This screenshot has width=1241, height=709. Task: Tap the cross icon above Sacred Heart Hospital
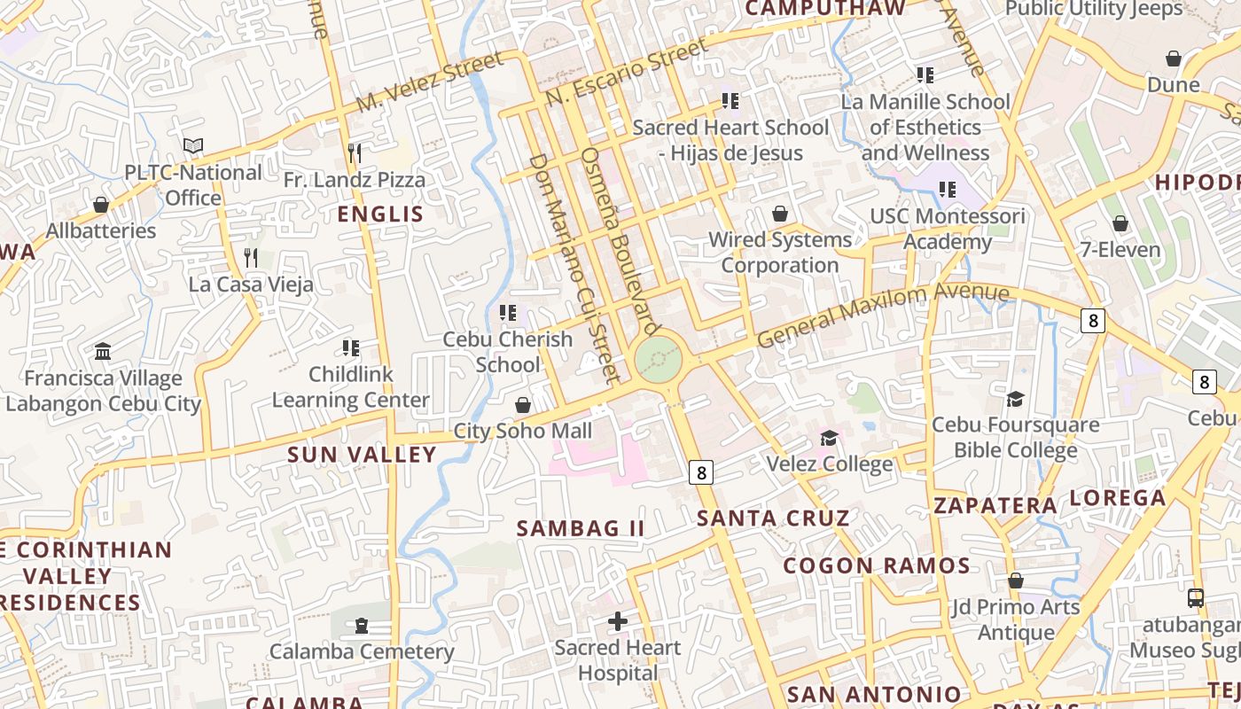point(618,621)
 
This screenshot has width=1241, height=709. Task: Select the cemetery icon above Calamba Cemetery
point(361,626)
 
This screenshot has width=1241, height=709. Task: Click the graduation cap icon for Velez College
point(829,438)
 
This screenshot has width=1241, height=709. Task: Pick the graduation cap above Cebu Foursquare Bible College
point(1015,400)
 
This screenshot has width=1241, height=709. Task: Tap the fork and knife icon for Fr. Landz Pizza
point(354,153)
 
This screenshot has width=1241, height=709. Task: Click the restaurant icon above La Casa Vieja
point(251,258)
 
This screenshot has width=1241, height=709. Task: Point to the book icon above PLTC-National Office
point(192,145)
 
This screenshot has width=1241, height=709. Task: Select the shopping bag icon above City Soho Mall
point(523,405)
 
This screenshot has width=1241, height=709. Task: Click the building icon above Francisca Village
point(102,352)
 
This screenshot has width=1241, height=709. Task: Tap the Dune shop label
point(1173,85)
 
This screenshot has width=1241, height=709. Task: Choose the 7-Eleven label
point(1120,250)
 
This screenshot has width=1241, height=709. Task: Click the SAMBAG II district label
point(581,528)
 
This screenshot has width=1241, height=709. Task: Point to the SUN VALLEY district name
point(362,455)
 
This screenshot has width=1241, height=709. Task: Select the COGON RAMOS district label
point(877,565)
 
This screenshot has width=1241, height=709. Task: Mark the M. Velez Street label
point(429,82)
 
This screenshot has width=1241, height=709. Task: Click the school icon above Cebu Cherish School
point(508,312)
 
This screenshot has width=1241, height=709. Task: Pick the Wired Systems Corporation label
point(779,253)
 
